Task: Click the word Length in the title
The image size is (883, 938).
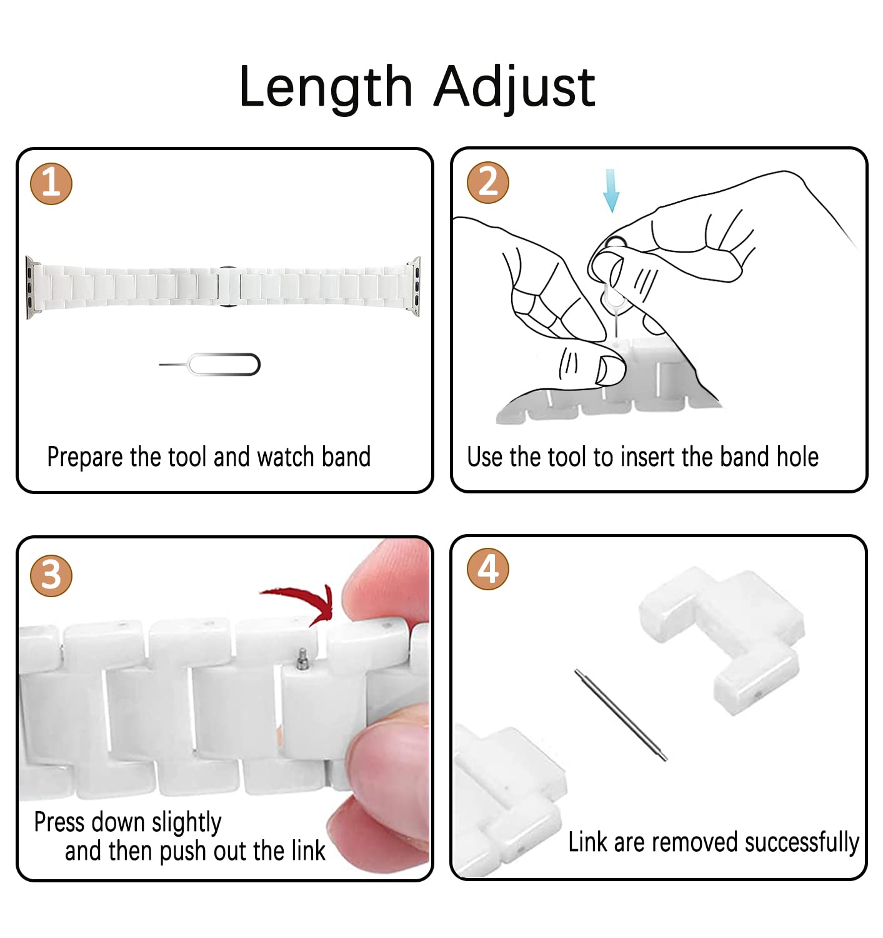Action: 326,88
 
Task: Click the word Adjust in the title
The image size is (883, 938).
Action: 514,88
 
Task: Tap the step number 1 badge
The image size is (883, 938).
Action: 51,184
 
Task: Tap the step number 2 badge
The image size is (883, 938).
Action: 488,183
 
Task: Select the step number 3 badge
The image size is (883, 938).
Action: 51,575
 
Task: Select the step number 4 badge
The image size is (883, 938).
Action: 488,568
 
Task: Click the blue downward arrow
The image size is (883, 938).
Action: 611,190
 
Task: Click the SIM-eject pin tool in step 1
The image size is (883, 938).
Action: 209,364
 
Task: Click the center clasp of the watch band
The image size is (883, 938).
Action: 229,286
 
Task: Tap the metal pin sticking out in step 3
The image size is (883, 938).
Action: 302,658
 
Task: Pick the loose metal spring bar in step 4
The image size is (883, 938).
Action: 621,715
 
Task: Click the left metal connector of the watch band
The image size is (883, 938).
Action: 30,288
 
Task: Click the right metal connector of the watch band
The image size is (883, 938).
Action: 415,286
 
